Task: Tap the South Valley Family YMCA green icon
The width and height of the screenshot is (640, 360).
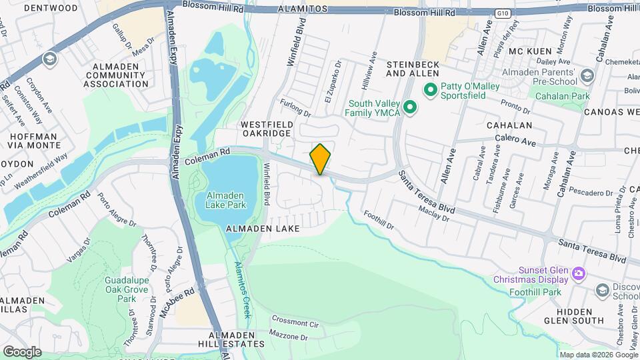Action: click(x=411, y=107)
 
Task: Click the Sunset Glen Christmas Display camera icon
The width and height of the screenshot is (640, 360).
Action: click(x=578, y=273)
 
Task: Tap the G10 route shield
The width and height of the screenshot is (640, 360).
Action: click(x=503, y=13)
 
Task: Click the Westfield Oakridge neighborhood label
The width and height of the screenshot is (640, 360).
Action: click(x=266, y=129)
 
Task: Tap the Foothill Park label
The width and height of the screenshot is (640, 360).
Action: click(x=535, y=292)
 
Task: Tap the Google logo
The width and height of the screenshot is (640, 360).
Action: click(x=22, y=351)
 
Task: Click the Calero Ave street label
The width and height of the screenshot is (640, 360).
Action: click(x=515, y=141)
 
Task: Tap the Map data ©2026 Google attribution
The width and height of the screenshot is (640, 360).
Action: click(x=597, y=355)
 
